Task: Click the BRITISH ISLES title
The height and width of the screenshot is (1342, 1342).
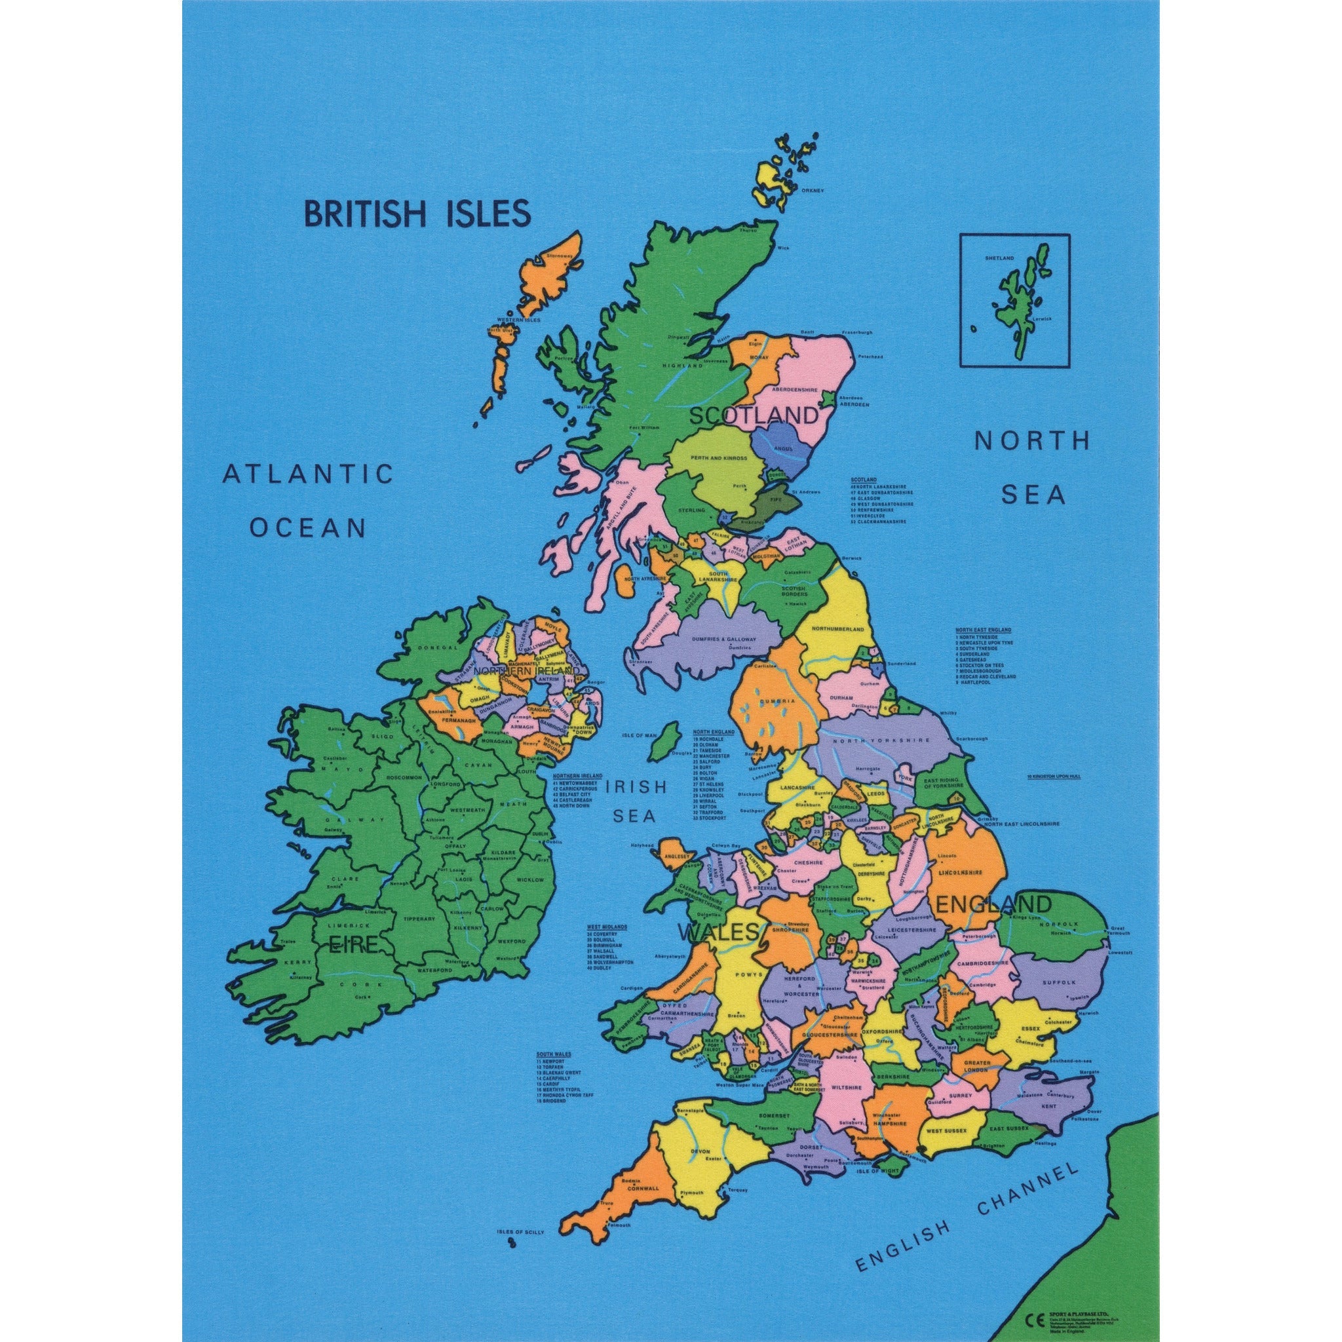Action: pos(417,213)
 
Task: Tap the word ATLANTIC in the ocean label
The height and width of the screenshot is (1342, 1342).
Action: pos(308,474)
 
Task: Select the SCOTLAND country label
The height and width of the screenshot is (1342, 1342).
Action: pos(753,416)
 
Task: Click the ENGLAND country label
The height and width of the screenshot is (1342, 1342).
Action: pos(993,904)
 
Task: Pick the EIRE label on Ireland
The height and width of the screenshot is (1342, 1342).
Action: pos(354,945)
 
